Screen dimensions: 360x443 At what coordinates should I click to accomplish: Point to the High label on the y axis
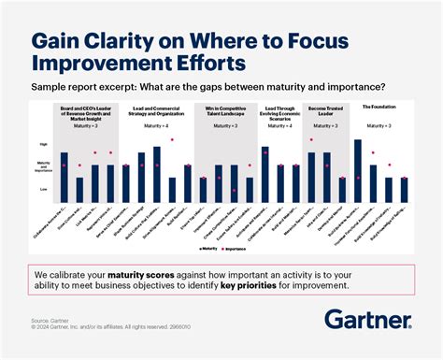point(43,144)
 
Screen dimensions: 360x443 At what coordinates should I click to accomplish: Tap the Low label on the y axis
point(43,189)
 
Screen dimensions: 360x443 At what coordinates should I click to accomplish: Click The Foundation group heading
point(377,108)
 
